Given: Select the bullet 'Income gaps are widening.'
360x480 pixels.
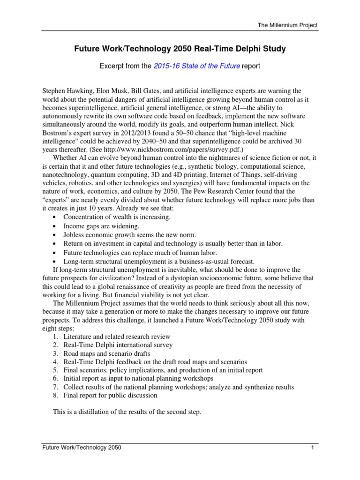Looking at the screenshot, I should coord(98,226).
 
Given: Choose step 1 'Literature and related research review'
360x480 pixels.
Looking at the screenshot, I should coord(117,337).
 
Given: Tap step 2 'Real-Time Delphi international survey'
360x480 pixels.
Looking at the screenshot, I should coord(118,345).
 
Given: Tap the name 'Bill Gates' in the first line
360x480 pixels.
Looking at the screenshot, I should coord(148,90).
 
